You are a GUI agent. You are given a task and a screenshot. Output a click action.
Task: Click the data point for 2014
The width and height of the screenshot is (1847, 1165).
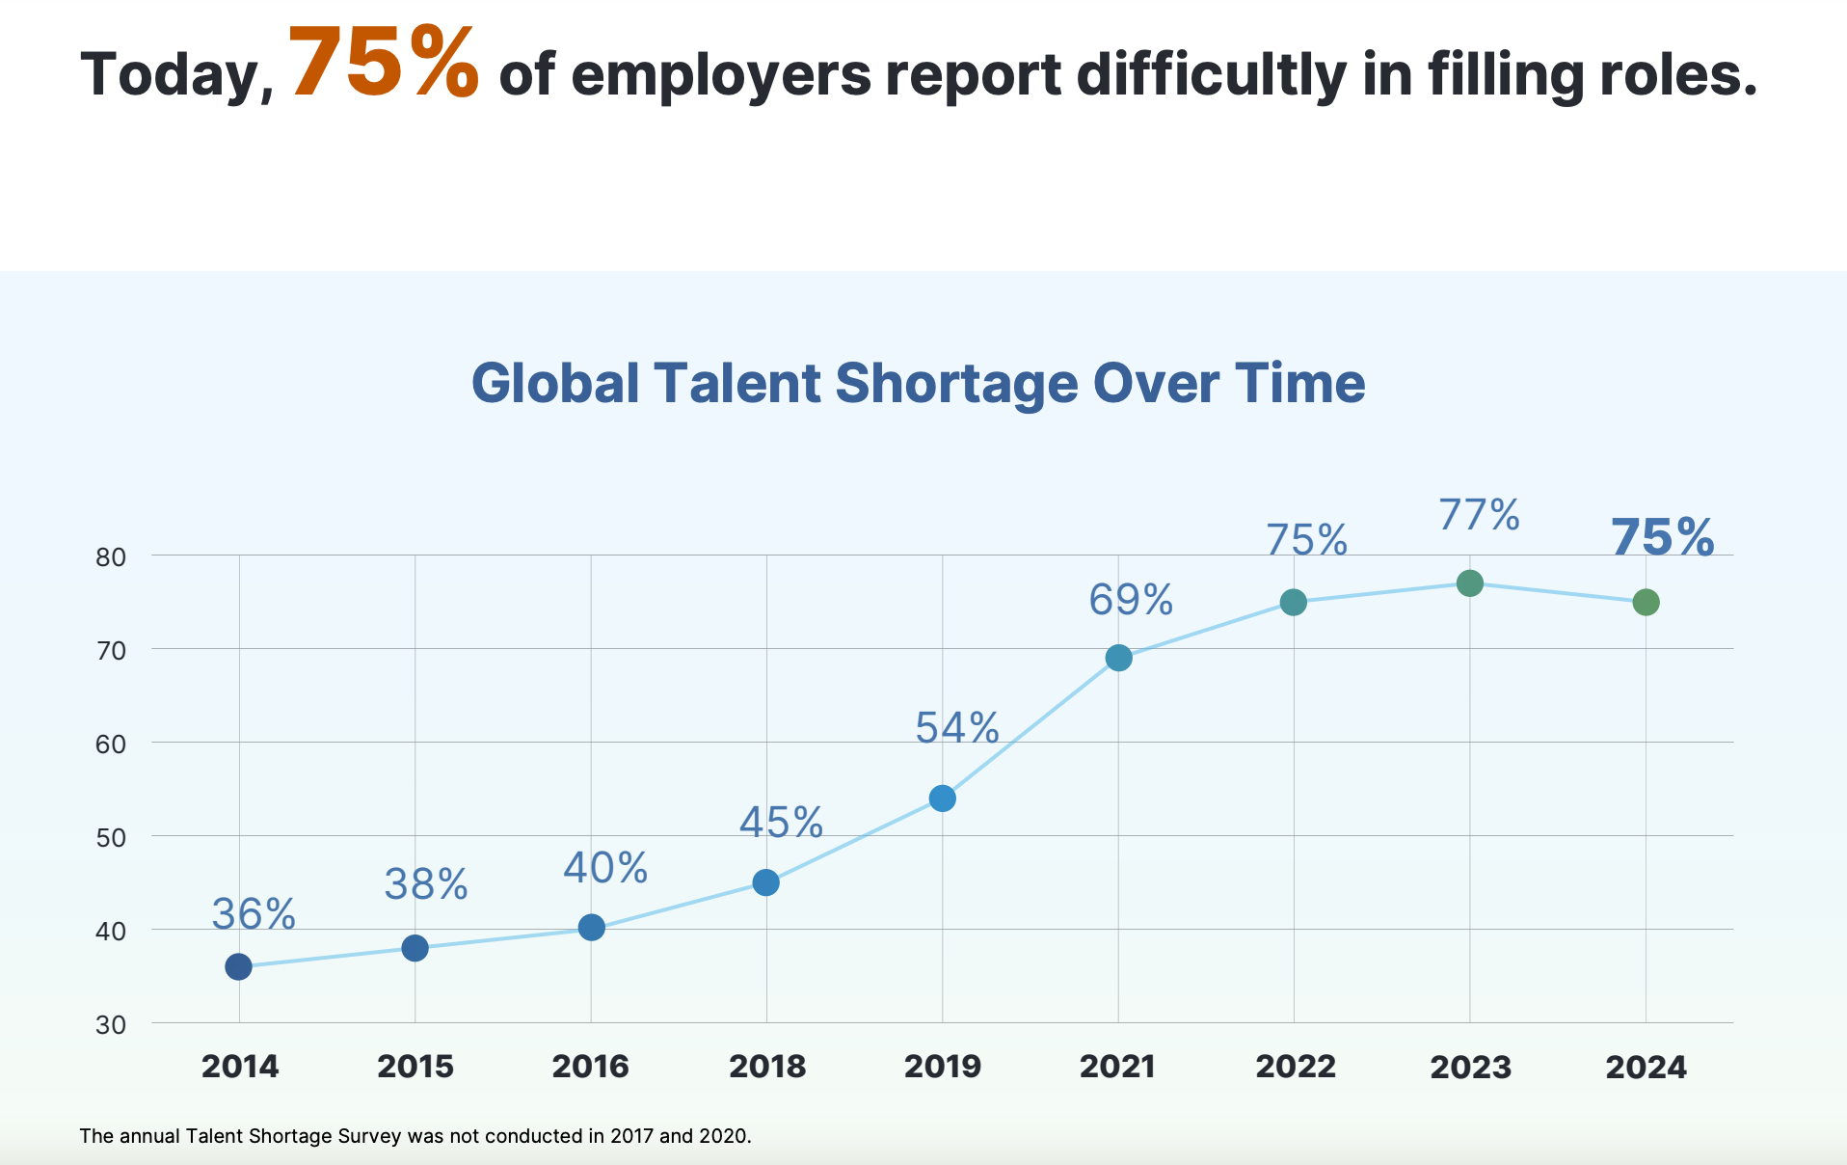coord(239,966)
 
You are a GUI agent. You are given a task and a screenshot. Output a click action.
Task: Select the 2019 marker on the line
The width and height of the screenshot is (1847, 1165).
coord(943,799)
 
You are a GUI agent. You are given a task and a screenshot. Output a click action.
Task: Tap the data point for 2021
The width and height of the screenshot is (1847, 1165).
coord(1118,658)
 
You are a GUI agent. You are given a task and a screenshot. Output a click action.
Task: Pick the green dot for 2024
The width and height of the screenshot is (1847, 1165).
coord(1646,602)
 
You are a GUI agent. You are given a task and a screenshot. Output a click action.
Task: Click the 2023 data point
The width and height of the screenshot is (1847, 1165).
coord(1470,582)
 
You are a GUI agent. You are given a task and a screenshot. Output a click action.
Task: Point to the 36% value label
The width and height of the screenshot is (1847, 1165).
coord(254,914)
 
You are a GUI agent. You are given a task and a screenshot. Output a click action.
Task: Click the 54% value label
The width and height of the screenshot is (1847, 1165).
coord(957,728)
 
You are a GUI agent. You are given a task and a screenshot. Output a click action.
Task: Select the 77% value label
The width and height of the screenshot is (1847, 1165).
coord(1480,515)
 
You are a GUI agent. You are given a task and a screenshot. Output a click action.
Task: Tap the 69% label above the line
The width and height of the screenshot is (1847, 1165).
coord(1132,600)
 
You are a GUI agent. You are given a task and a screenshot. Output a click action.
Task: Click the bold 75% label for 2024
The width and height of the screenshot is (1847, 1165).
coord(1663,537)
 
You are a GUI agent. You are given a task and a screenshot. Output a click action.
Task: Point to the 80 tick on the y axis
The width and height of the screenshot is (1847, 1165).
coord(111,556)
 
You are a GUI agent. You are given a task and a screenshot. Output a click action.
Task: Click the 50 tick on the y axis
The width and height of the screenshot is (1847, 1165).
coord(111,837)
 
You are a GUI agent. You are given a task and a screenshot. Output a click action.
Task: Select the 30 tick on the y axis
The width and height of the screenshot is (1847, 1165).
coord(111,1024)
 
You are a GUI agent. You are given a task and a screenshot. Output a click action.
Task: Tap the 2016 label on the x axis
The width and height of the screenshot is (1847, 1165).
coord(591,1067)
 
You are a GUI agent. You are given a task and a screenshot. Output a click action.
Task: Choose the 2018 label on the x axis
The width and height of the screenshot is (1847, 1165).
coord(767,1067)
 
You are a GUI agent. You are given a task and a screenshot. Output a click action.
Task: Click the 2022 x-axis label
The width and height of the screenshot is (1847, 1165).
coord(1296,1067)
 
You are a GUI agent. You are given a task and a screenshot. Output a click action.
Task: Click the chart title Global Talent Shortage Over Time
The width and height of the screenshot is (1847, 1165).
coord(918,383)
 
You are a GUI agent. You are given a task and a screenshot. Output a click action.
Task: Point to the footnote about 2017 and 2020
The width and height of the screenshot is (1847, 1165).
coord(415,1136)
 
